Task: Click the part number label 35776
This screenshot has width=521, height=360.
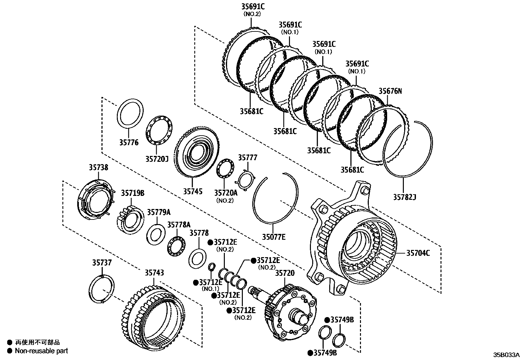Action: click(x=129, y=142)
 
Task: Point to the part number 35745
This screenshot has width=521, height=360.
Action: click(x=192, y=191)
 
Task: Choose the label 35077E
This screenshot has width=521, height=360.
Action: click(x=274, y=237)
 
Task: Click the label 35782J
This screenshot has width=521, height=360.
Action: click(x=404, y=197)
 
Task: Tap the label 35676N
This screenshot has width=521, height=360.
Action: click(x=390, y=91)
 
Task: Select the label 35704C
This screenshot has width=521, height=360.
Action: click(x=418, y=253)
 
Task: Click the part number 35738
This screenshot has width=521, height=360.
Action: click(x=98, y=167)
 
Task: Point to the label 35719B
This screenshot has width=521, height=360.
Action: click(x=133, y=193)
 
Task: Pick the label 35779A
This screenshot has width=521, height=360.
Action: click(x=158, y=212)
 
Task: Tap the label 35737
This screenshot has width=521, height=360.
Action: click(x=102, y=262)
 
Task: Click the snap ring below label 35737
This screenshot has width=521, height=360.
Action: click(x=102, y=289)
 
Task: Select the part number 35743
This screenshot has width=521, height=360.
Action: click(x=154, y=273)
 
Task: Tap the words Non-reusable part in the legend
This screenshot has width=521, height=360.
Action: click(x=42, y=351)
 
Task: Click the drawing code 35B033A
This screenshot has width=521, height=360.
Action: click(x=506, y=355)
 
